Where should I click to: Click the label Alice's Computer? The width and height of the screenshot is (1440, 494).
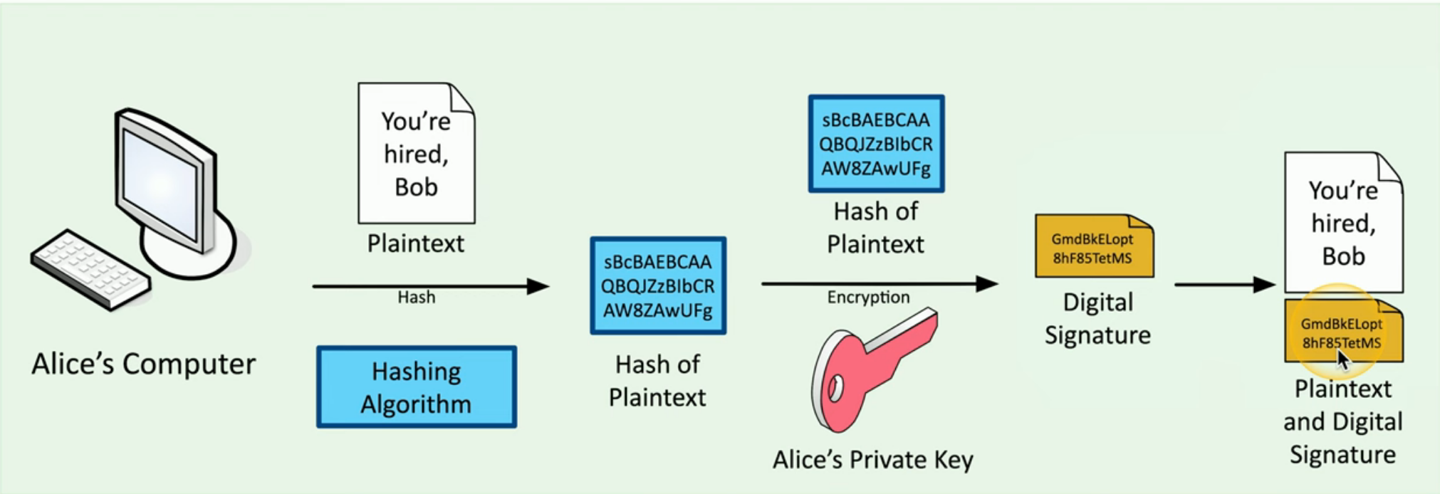click(x=143, y=364)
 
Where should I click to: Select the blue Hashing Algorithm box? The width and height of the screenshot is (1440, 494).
click(x=417, y=387)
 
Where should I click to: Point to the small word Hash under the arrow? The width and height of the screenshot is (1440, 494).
click(x=417, y=297)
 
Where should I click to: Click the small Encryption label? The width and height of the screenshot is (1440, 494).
click(x=868, y=297)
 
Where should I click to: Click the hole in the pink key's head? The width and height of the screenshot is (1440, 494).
click(x=835, y=389)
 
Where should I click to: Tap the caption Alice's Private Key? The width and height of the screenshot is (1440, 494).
click(x=872, y=460)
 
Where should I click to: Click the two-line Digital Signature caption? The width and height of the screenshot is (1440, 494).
click(x=1097, y=318)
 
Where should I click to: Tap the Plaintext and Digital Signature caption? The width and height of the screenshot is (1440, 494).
click(x=1342, y=421)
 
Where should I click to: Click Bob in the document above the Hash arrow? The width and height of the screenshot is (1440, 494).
click(x=416, y=187)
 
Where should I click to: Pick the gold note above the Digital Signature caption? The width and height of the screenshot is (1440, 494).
click(x=1094, y=247)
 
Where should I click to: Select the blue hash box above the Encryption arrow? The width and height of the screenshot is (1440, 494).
click(x=876, y=144)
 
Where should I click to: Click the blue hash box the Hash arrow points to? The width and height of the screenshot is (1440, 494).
click(x=658, y=286)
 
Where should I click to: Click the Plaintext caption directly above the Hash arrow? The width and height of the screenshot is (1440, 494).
click(x=415, y=243)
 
